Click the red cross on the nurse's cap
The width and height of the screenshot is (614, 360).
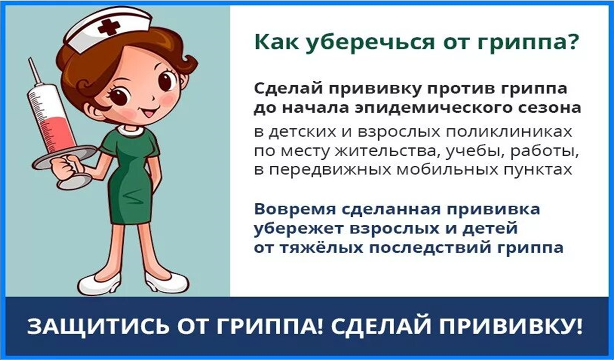pyautogui.click(x=109, y=27)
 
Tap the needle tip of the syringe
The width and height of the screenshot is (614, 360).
pyautogui.click(x=30, y=58)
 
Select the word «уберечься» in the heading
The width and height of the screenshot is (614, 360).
pyautogui.click(x=370, y=43)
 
